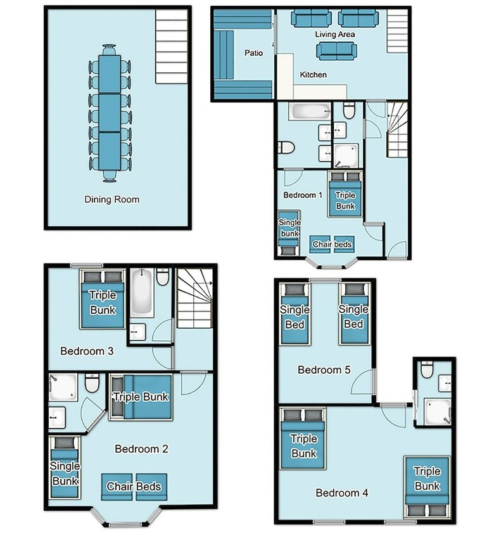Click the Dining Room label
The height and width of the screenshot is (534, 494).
pos(112,200)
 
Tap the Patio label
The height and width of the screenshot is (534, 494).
pos(253,53)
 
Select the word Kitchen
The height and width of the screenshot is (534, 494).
pos(313,75)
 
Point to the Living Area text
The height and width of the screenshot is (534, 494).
pos(335,34)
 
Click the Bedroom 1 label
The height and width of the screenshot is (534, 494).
pos(303,195)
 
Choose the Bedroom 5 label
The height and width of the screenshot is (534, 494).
pos(324,370)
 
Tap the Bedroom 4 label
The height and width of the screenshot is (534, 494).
pos(342,493)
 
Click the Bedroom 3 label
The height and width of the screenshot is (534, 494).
pos(87,351)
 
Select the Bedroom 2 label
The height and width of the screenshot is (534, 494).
pos(141,449)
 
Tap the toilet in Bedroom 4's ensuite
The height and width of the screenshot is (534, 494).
pos(427,369)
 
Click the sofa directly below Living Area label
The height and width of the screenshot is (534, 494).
pos(337,51)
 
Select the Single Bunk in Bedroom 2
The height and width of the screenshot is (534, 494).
pos(65,467)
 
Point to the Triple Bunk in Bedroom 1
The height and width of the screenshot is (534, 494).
pos(345,194)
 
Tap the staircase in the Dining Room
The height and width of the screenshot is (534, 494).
pos(172,46)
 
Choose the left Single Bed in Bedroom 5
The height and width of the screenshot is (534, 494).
pos(295,314)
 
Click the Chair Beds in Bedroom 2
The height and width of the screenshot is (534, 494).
pos(134,486)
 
